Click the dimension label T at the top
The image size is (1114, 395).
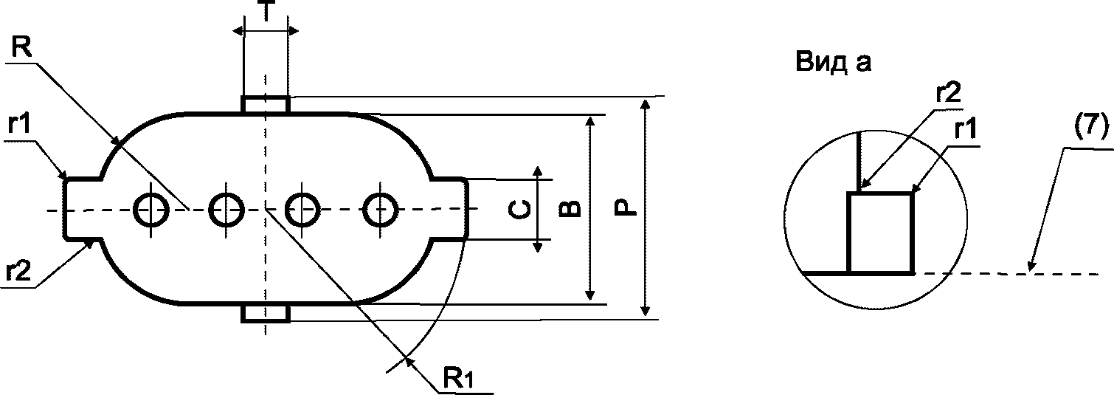[x=266, y=11]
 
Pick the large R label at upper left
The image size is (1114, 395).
[x=21, y=48]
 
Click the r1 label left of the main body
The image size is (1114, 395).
[x=19, y=124]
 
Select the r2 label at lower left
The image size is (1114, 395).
[x=18, y=272]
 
